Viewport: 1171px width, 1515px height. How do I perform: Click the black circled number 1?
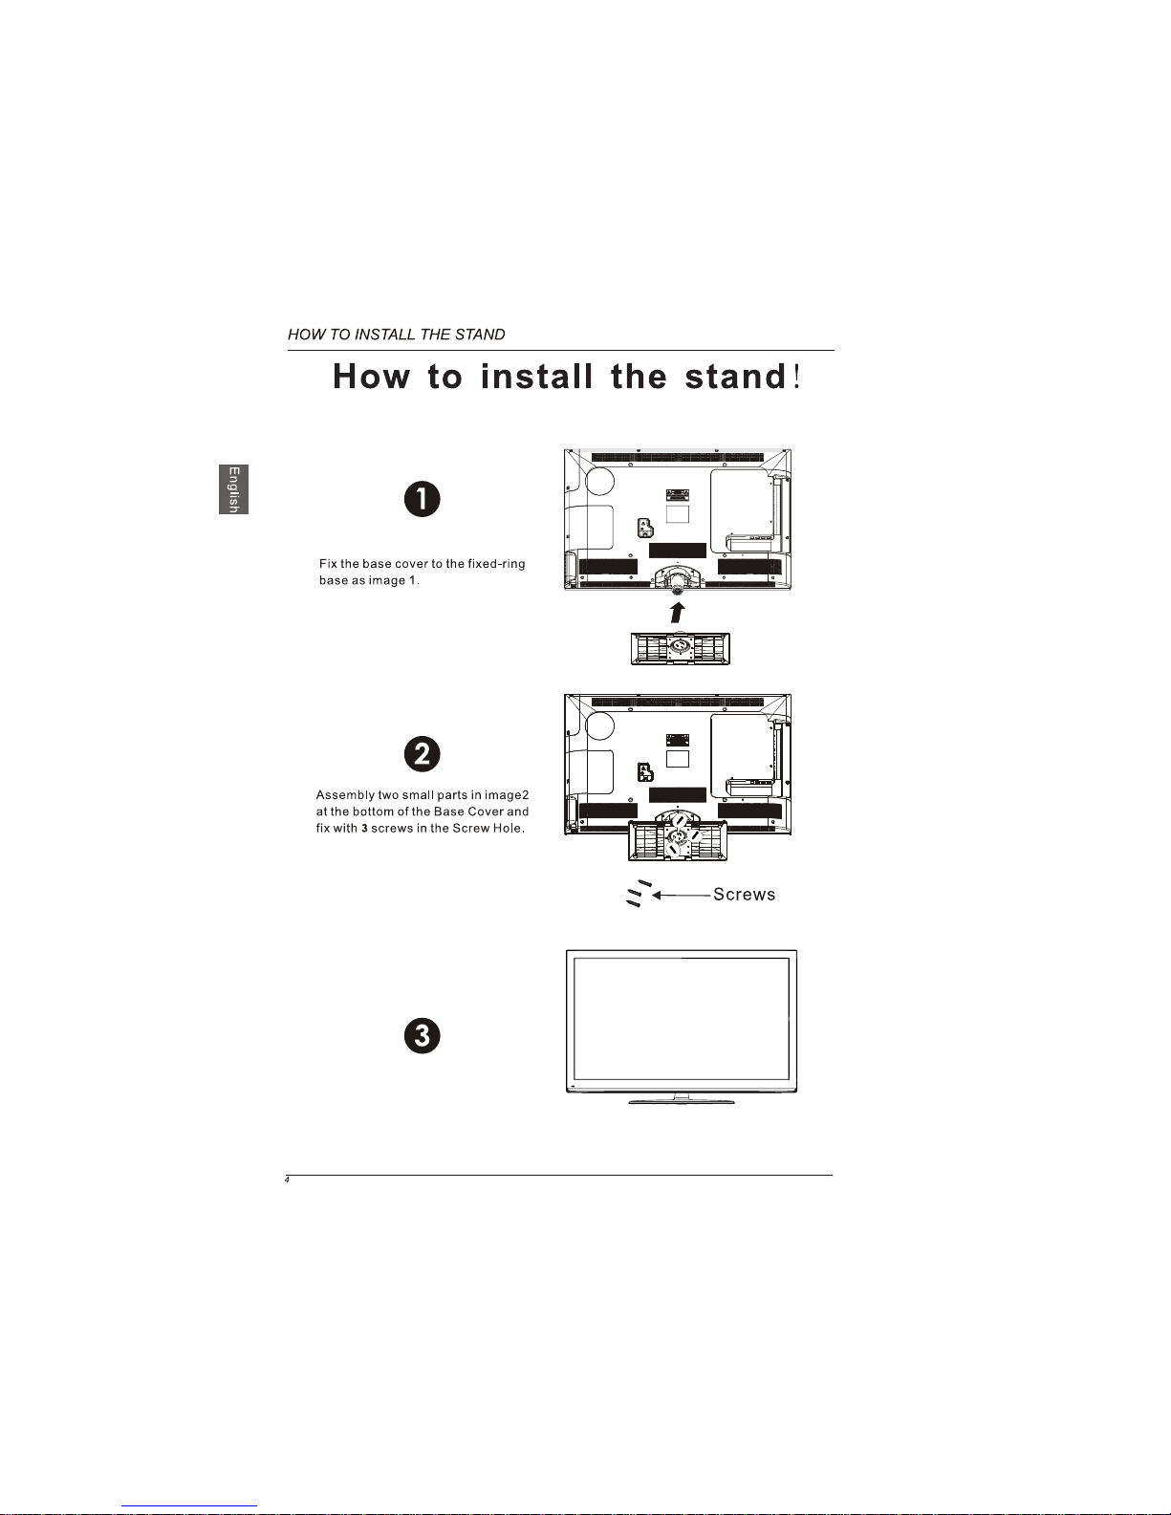click(x=422, y=499)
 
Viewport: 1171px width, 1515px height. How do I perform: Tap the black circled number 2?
click(x=422, y=753)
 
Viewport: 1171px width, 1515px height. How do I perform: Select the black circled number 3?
click(x=422, y=1035)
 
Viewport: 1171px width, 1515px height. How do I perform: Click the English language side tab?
click(x=233, y=489)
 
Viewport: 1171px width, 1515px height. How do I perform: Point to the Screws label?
click(x=744, y=895)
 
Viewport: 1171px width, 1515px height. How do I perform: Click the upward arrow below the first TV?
click(x=677, y=613)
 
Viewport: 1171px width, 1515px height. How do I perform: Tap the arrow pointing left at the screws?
click(x=681, y=896)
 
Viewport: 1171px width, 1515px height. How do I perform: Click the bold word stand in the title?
click(x=735, y=377)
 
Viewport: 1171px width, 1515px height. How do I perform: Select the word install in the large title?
click(x=536, y=377)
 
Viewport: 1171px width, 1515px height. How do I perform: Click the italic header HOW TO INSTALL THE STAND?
click(x=396, y=335)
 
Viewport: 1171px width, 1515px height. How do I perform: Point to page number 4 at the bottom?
click(x=287, y=1180)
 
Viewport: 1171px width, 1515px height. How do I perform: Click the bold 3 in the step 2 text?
click(x=364, y=829)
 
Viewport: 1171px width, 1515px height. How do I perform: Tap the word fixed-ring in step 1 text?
click(x=495, y=563)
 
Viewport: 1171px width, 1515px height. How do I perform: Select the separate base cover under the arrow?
click(x=680, y=649)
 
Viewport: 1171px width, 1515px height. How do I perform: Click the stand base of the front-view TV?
click(x=681, y=1101)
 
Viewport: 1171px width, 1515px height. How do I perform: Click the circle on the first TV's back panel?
click(x=599, y=481)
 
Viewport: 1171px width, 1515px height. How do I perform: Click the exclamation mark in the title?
click(x=796, y=377)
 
